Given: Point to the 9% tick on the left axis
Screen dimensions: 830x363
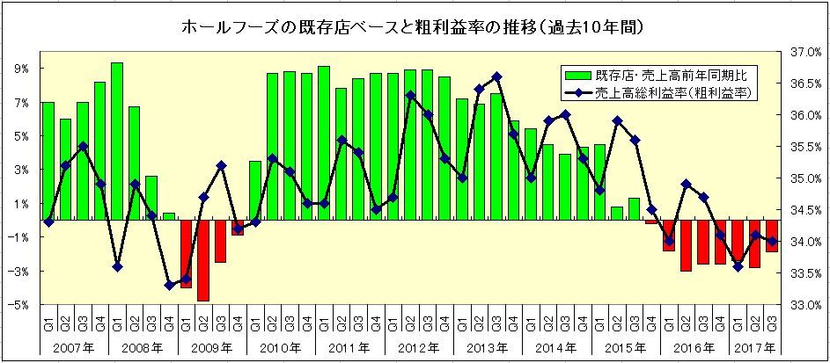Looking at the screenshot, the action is tap(20, 69).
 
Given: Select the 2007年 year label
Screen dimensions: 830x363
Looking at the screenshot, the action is tap(74, 348).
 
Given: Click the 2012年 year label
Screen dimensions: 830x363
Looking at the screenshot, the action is tap(418, 348).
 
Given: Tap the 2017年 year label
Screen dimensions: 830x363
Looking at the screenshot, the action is tap(753, 348).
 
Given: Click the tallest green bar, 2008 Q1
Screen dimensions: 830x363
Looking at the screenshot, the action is tap(117, 142).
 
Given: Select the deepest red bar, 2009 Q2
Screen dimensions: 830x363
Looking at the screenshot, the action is tap(203, 260).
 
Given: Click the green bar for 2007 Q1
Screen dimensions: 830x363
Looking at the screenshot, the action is tap(48, 161).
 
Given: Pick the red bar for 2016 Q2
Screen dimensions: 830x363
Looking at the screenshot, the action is tap(686, 245).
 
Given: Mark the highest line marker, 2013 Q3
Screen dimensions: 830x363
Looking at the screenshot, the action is tap(496, 77).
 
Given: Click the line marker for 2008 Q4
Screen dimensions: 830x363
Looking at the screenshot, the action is tap(169, 286).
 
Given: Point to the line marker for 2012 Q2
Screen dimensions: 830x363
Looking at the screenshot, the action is tap(410, 96).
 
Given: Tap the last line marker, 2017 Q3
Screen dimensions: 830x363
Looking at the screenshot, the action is tap(772, 242).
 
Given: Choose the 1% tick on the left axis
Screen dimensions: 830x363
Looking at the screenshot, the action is tap(20, 203).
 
